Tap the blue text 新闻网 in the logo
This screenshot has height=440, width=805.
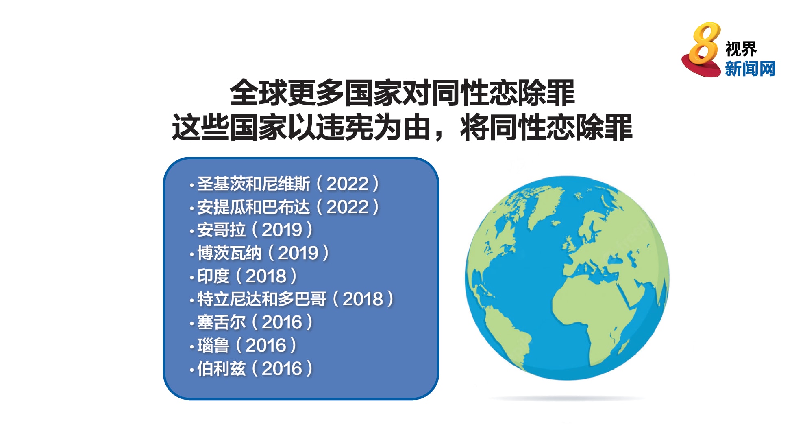pyautogui.click(x=750, y=68)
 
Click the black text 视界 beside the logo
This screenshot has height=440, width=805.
pyautogui.click(x=741, y=49)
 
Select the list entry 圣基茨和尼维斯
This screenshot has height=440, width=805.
pyautogui.click(x=254, y=184)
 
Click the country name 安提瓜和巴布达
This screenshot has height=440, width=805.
pyautogui.click(x=254, y=207)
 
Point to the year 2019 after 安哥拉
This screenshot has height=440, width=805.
pyautogui.click(x=282, y=230)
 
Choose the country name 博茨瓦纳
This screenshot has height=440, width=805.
pyautogui.click(x=229, y=253)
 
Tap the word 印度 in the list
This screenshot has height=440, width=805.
pyautogui.click(x=213, y=276)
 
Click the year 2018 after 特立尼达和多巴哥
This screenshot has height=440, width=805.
pyautogui.click(x=363, y=299)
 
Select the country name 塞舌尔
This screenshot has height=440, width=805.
pyautogui.click(x=221, y=322)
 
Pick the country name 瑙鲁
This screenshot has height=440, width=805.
pyautogui.click(x=213, y=346)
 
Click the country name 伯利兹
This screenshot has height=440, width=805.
pyautogui.click(x=221, y=369)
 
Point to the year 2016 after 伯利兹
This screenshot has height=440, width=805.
pyautogui.click(x=282, y=369)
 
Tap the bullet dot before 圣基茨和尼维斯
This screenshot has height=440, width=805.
pyautogui.click(x=191, y=186)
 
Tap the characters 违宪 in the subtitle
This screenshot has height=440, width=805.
pyautogui.click(x=345, y=127)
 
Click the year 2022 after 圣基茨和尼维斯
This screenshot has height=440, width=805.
pyautogui.click(x=347, y=184)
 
